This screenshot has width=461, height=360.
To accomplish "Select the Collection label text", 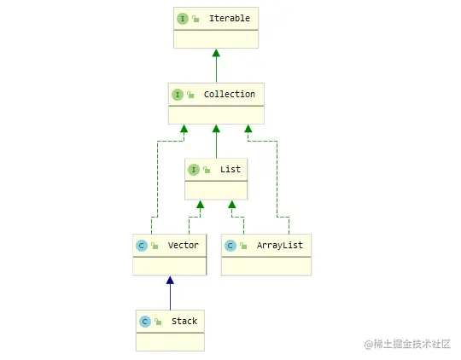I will [229, 94].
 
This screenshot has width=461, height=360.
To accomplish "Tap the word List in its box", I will [230, 169].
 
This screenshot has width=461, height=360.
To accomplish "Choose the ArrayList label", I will [279, 245].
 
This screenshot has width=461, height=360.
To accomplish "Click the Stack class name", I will [184, 321].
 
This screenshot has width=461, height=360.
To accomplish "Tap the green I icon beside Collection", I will [178, 94].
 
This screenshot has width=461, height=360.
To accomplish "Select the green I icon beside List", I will [194, 169].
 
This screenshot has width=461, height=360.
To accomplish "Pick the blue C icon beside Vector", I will [141, 245].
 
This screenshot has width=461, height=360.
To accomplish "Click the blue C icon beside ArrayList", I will [230, 245].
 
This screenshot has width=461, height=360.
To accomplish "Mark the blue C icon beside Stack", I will [144, 321].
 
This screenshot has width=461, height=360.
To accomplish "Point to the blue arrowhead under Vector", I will [170, 280].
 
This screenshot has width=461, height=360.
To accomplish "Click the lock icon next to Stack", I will [158, 322].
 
